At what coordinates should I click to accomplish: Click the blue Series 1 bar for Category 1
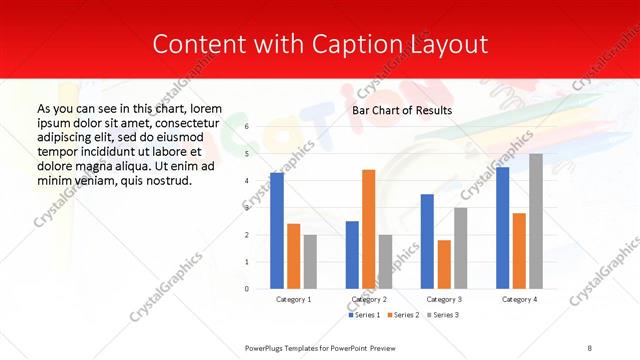(277, 231)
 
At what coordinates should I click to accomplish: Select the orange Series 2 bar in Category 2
(368, 229)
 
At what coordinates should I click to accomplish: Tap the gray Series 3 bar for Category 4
(536, 221)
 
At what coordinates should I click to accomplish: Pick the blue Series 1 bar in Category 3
(427, 241)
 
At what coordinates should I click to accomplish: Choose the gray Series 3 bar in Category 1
(310, 262)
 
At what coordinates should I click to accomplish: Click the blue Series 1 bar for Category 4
(502, 228)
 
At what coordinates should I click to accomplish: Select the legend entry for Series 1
(366, 315)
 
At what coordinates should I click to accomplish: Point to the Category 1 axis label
(294, 299)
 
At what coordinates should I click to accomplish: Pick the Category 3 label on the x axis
(444, 299)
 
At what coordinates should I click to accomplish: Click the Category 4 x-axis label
(519, 299)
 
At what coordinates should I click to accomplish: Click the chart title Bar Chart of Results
(402, 110)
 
